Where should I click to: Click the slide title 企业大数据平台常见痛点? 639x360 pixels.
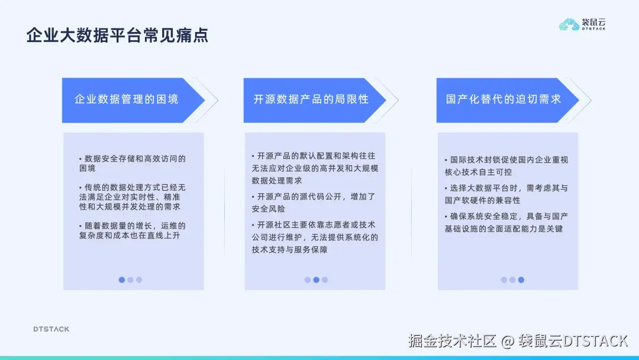click(117, 36)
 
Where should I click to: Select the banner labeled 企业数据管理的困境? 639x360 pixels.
click(126, 99)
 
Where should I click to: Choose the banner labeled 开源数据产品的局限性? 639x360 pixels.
click(311, 99)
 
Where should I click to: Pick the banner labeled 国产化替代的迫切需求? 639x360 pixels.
click(503, 99)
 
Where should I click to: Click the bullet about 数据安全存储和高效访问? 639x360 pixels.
click(133, 163)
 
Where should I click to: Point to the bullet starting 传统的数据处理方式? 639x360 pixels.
click(133, 197)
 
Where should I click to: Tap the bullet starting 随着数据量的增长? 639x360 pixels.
click(133, 230)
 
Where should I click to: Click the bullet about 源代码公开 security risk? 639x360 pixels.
click(314, 202)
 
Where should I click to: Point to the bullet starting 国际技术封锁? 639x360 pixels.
click(506, 166)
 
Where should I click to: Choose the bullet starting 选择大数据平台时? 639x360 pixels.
click(506, 194)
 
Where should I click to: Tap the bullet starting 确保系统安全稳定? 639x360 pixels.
click(506, 222)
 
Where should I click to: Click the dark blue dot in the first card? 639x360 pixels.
click(122, 280)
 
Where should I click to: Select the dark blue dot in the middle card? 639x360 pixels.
click(316, 280)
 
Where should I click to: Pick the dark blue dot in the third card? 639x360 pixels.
click(521, 280)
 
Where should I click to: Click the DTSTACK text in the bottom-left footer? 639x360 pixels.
click(51, 329)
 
